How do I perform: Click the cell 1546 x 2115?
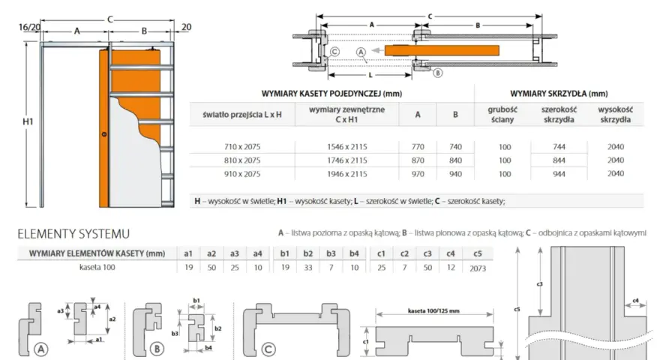[x=346, y=147]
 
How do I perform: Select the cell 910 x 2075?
[x=242, y=174]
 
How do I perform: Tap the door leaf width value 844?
[x=559, y=160]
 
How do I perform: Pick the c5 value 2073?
[x=478, y=268]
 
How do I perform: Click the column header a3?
[x=235, y=253]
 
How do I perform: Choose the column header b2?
[x=308, y=253]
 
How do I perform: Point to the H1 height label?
[x=28, y=121]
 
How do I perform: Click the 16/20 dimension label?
[x=29, y=27]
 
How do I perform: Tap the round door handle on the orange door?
[x=104, y=134]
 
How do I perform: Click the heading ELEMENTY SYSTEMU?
[x=73, y=234]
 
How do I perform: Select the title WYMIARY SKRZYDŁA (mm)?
[x=559, y=94]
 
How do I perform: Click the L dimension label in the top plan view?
[x=370, y=75]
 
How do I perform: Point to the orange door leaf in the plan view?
[x=442, y=50]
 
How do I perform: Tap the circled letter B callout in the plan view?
[x=438, y=73]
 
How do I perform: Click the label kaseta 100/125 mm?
[x=433, y=311]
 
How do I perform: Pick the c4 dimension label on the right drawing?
[x=635, y=301]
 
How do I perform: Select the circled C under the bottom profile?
[x=268, y=349]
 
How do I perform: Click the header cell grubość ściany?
[x=502, y=115]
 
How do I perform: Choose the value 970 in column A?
[x=418, y=174]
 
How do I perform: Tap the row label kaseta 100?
[x=97, y=267]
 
